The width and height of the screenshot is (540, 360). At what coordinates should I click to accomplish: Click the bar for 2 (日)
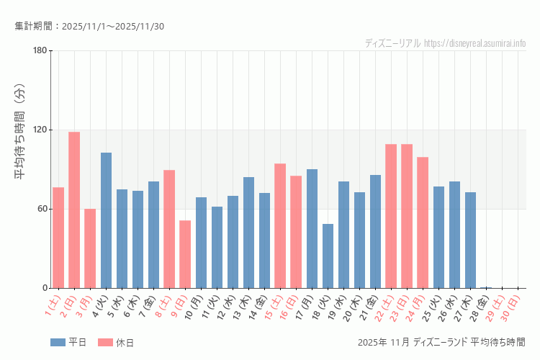[74, 210]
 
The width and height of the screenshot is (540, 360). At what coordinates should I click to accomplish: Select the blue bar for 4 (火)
[106, 220]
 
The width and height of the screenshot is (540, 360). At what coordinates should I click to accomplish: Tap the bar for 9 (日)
[185, 254]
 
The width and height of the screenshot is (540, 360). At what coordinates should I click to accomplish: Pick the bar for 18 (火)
[328, 256]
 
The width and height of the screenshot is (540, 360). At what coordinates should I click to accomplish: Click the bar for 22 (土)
[391, 216]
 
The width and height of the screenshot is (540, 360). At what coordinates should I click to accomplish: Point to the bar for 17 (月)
[312, 228]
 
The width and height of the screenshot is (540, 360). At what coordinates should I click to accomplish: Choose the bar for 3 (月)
[90, 248]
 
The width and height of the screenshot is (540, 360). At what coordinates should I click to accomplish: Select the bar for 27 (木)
[470, 240]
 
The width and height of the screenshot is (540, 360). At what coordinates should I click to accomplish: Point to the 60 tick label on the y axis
[40, 209]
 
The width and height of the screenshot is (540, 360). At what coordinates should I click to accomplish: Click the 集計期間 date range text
[89, 27]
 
